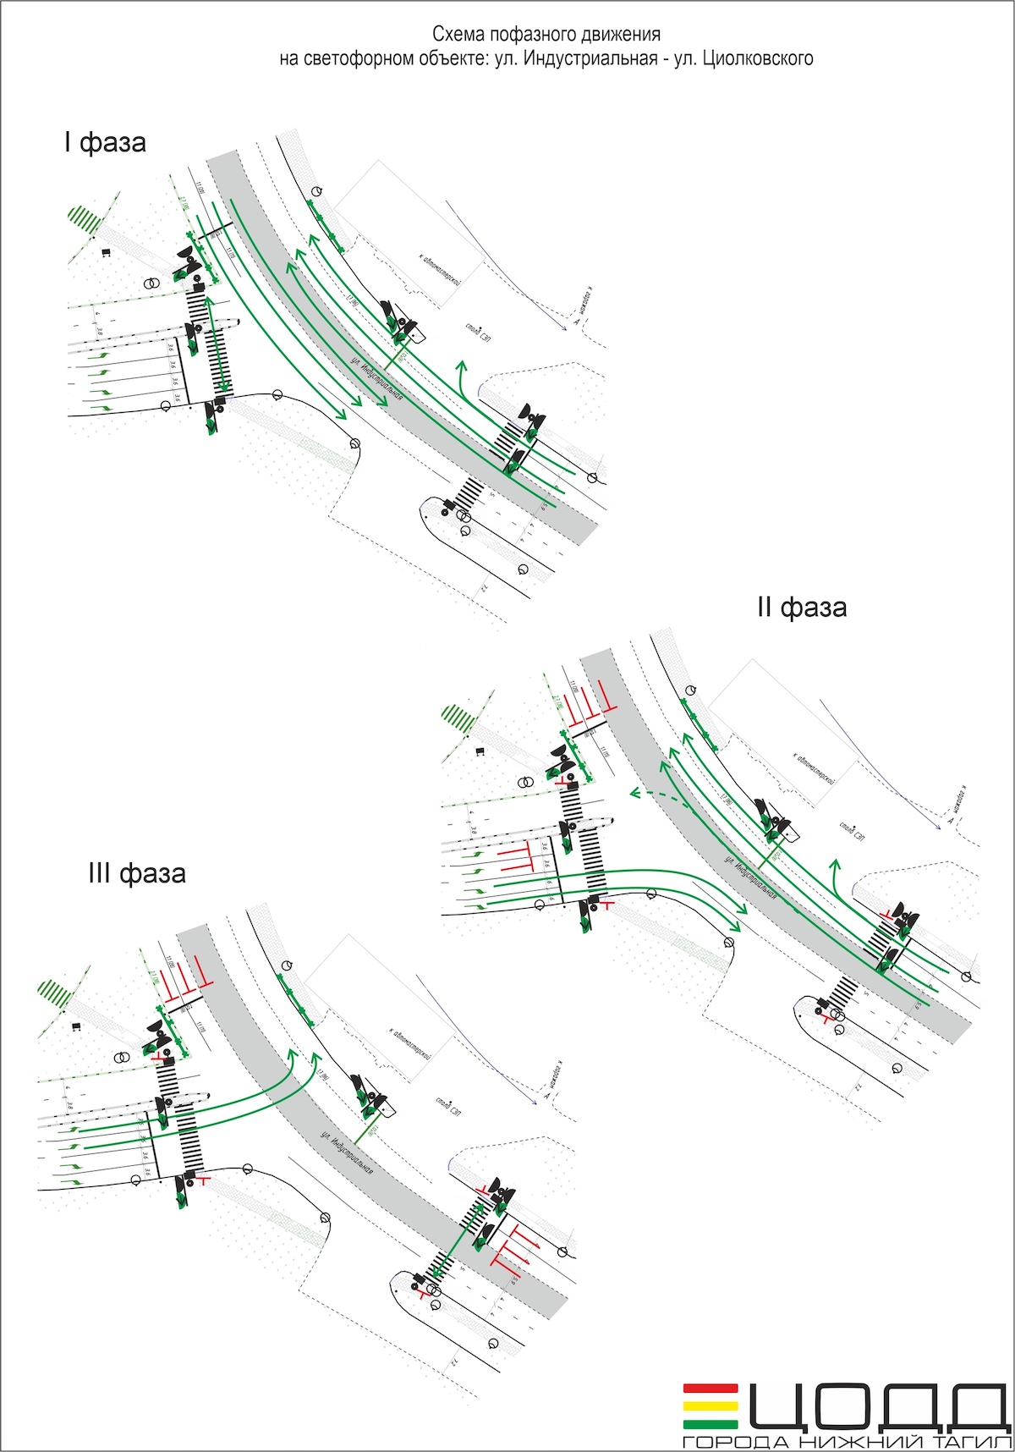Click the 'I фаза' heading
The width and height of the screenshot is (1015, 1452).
point(105,142)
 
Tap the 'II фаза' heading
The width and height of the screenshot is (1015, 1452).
point(801,607)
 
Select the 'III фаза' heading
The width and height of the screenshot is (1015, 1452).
point(137,872)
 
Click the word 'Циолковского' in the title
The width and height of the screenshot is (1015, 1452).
point(758,58)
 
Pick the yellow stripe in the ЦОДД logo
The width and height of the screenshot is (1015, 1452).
point(710,1405)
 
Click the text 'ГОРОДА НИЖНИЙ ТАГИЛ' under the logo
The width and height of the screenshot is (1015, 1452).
point(847,1441)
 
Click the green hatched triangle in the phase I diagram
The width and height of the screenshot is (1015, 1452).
point(85,217)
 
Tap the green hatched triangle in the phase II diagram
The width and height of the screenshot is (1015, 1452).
point(458,718)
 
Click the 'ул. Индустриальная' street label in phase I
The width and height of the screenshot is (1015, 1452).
point(377,382)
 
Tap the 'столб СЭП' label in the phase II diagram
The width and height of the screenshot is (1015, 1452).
point(852,826)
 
